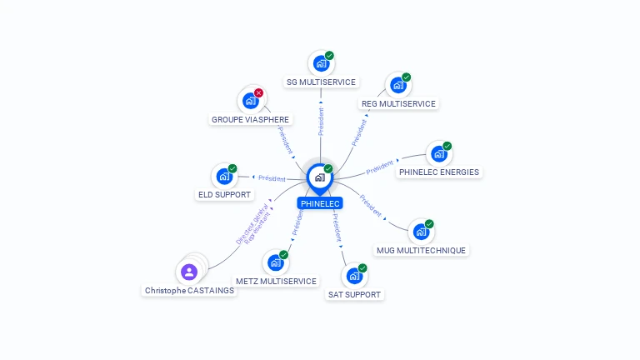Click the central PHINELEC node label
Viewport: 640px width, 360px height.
pos(320,203)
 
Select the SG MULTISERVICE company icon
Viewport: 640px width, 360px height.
pos(319,63)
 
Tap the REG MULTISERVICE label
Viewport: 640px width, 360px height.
pos(398,104)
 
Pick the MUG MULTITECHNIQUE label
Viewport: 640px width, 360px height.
pos(421,250)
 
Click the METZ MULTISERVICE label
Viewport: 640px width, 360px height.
pos(276,282)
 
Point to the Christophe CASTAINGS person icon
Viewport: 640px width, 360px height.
pos(189,272)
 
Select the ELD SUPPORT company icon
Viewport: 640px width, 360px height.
pos(223,176)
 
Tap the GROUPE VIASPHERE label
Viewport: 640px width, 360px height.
pos(250,119)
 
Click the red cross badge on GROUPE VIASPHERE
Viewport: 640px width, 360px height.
pos(258,92)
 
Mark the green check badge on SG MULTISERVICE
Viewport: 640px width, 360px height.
pos(329,56)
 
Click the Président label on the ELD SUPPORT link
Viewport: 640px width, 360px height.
pos(272,178)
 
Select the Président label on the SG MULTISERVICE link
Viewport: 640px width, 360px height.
pos(321,122)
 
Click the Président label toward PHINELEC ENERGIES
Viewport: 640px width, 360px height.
pos(380,167)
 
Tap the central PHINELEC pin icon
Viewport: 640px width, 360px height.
pos(319,177)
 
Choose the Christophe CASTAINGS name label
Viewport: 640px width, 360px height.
pos(189,291)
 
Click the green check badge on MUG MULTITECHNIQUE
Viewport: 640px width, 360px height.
pos(429,223)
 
